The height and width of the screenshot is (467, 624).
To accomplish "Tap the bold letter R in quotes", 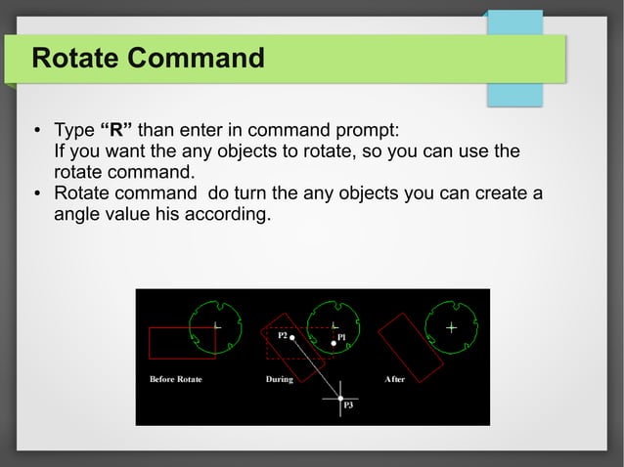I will pyautogui.click(x=116, y=132).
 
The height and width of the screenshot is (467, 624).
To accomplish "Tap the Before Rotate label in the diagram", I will pyautogui.click(x=175, y=379).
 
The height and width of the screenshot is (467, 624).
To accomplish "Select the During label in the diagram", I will pyautogui.click(x=280, y=379).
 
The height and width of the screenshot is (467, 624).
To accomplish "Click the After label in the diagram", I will pyautogui.click(x=395, y=379).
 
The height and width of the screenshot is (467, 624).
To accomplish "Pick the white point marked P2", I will pyautogui.click(x=292, y=335).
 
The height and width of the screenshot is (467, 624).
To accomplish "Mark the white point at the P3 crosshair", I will pyautogui.click(x=340, y=399).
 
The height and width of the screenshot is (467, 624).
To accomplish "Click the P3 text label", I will pyautogui.click(x=347, y=405).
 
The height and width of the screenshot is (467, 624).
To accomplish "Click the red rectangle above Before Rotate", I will pyautogui.click(x=181, y=343).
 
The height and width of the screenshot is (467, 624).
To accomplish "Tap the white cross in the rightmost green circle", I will pyautogui.click(x=451, y=327).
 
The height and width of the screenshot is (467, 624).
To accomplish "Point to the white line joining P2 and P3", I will pyautogui.click(x=316, y=366).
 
